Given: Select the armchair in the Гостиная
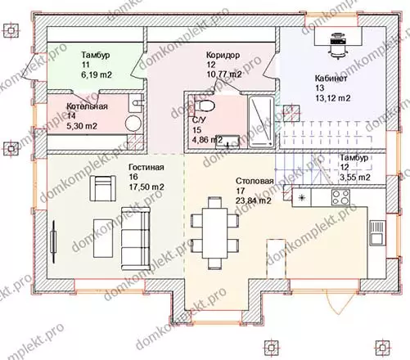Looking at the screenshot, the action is [103, 188].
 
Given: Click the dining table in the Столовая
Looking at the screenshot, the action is [214, 232].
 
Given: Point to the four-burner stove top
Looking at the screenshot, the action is [340, 197].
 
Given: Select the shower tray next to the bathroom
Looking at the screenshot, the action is [261, 122].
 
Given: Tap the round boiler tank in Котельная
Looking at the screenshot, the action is [133, 124].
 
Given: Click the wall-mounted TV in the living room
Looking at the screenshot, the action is [54, 241].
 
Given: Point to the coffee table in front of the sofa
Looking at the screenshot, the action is [103, 238].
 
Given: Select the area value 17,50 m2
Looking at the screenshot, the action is [146, 187].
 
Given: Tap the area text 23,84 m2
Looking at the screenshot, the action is [254, 200].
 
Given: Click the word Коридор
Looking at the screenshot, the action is [223, 55].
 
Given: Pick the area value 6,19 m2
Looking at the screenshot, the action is [97, 74].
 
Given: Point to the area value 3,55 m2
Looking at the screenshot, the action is [355, 177].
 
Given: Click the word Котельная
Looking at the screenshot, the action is [87, 106].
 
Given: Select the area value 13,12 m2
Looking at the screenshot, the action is [333, 98].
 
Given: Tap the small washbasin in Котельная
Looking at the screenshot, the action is [136, 103].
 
